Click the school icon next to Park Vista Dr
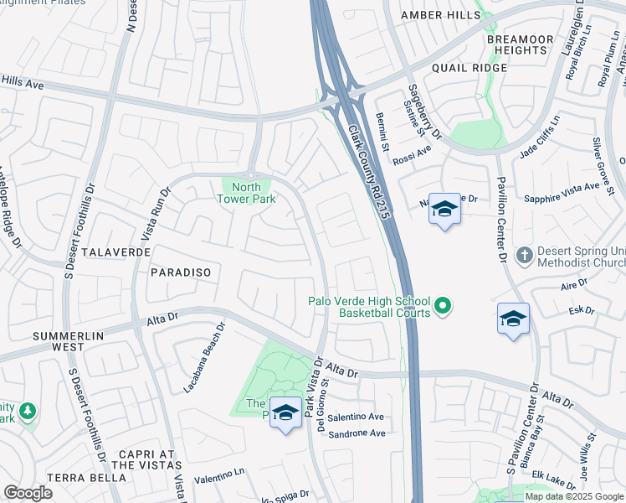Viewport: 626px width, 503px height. (285, 413)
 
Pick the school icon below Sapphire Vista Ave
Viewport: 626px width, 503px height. (513, 319)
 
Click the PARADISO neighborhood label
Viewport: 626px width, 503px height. (180, 272)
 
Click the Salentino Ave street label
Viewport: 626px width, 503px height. (356, 417)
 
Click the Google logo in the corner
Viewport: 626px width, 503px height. (28, 493)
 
